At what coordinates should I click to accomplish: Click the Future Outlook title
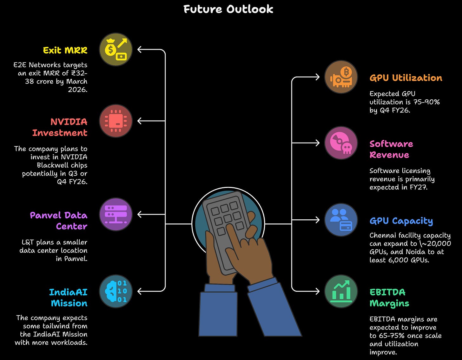(x=228, y=9)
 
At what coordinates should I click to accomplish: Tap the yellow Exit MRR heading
(x=65, y=50)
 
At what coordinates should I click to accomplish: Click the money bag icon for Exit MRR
(x=116, y=50)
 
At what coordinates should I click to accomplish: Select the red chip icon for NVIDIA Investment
(x=116, y=121)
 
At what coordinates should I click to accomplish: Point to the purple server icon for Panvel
(x=116, y=214)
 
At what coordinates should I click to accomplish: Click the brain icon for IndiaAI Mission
(x=116, y=291)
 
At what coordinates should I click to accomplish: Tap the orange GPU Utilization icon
(x=341, y=77)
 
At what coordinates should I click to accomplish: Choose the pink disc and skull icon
(x=341, y=143)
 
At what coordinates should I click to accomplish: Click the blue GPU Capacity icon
(x=341, y=220)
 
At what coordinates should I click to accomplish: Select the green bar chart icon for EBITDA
(x=341, y=291)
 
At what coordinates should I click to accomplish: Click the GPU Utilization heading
(x=406, y=78)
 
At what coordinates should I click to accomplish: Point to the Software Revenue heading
(x=391, y=149)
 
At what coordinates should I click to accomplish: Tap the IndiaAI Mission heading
(x=68, y=297)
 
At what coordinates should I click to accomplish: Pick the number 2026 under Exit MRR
(x=77, y=90)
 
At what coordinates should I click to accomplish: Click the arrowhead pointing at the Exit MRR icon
(x=140, y=50)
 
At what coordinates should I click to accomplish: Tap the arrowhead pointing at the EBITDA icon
(x=317, y=291)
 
